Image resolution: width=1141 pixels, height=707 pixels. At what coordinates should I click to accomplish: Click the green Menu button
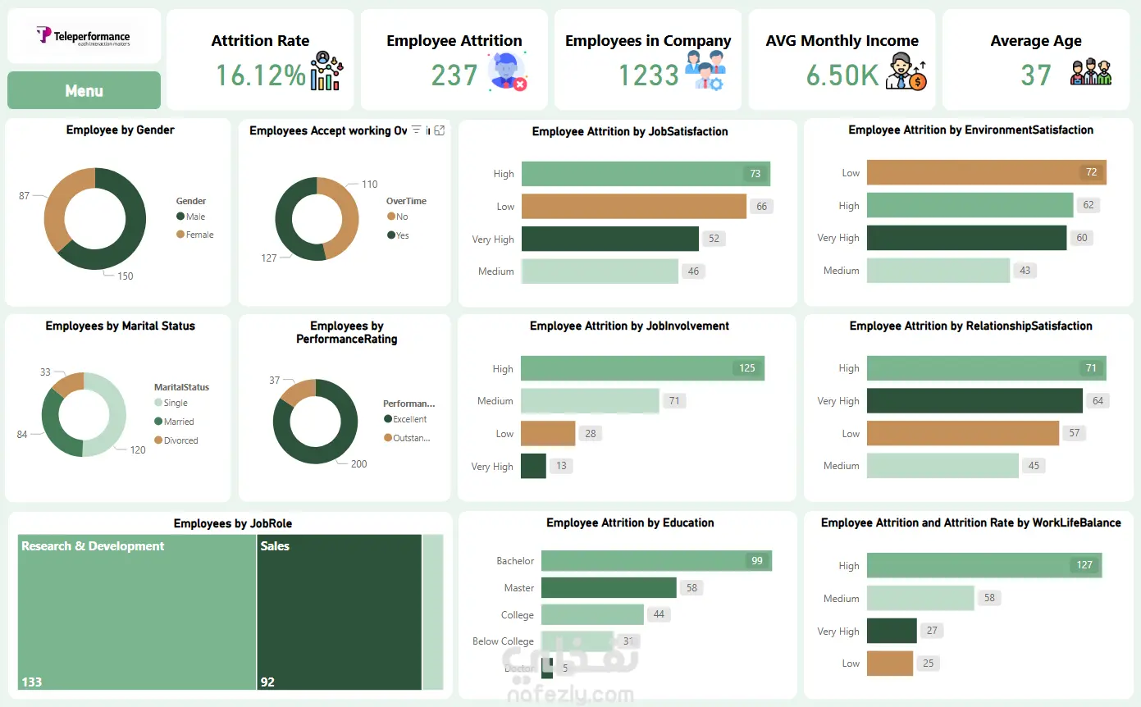click(x=84, y=90)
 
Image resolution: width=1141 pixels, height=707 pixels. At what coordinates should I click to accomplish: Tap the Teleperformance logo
click(x=84, y=36)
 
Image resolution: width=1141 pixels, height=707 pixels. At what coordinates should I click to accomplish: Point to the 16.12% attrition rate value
click(x=260, y=75)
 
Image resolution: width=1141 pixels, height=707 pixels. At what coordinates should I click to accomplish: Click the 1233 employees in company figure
click(x=648, y=75)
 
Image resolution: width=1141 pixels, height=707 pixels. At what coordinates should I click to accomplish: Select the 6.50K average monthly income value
click(x=842, y=75)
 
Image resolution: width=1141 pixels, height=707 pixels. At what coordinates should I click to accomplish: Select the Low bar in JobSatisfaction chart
click(x=633, y=206)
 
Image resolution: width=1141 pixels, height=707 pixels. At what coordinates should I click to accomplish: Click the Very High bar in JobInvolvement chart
click(x=533, y=466)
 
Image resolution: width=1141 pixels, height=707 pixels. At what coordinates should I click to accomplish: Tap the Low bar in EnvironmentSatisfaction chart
click(x=986, y=172)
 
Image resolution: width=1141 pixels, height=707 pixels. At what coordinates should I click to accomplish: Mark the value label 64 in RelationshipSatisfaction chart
click(x=1098, y=401)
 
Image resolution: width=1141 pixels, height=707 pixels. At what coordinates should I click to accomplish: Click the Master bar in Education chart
click(x=609, y=588)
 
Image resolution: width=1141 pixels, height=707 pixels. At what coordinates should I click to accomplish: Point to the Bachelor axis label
click(x=515, y=561)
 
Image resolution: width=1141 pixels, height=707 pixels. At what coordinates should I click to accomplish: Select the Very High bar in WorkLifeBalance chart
click(x=891, y=631)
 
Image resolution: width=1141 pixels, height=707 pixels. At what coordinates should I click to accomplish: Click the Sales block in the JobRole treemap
click(x=339, y=612)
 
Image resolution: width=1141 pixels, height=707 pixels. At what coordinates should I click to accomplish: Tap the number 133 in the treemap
click(x=32, y=682)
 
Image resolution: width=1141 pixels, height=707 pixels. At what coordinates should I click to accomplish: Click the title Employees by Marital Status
click(x=120, y=326)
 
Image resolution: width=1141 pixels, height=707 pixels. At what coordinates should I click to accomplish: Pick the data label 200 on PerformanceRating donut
click(x=358, y=463)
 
